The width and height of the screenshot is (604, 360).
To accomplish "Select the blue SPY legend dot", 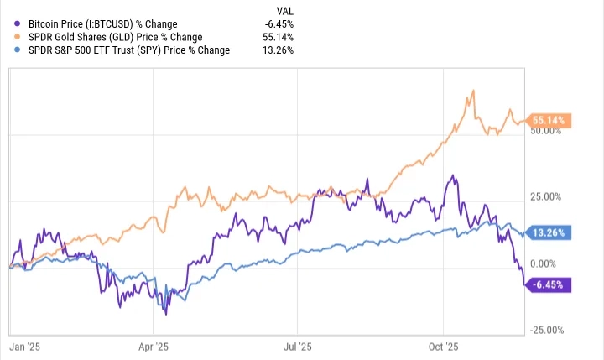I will coord(18,50).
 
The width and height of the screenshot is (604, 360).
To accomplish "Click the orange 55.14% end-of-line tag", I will coord(549,121).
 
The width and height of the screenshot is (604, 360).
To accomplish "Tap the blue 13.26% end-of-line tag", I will coord(549,232).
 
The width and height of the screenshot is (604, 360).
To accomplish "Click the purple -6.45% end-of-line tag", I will coord(549,285).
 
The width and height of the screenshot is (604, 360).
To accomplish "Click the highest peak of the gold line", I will coord(475,90).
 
